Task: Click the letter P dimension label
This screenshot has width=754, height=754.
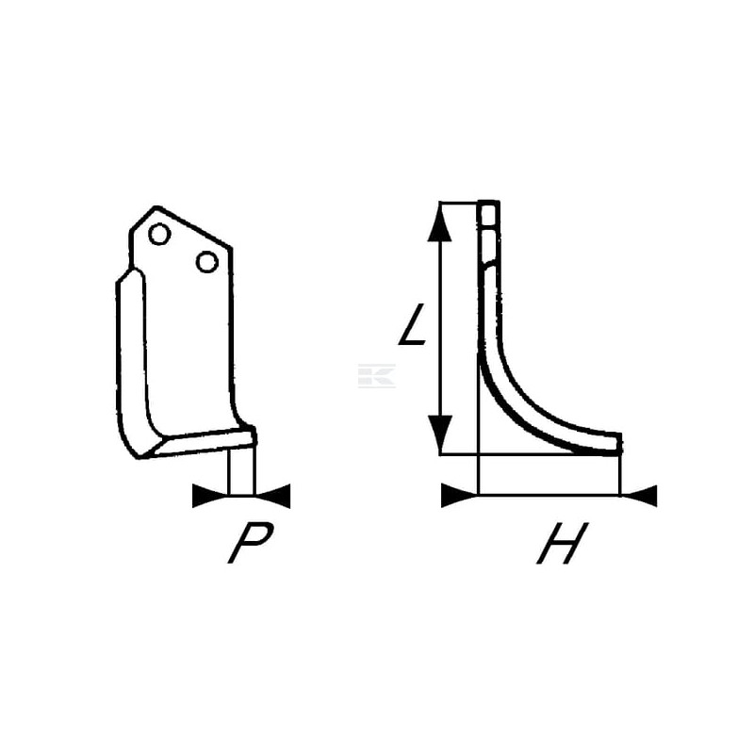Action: tap(251, 543)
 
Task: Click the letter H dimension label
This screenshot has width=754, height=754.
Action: tap(562, 543)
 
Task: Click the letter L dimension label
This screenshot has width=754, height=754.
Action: tap(413, 324)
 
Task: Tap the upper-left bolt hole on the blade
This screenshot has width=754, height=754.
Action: tap(159, 234)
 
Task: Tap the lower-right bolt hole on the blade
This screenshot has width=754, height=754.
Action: tap(206, 262)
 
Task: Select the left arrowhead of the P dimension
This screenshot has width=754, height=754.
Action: tap(210, 496)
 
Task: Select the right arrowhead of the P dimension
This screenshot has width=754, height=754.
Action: tap(272, 496)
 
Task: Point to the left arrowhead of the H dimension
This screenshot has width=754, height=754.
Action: tap(460, 496)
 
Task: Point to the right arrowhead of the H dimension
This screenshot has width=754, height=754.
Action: tap(639, 496)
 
